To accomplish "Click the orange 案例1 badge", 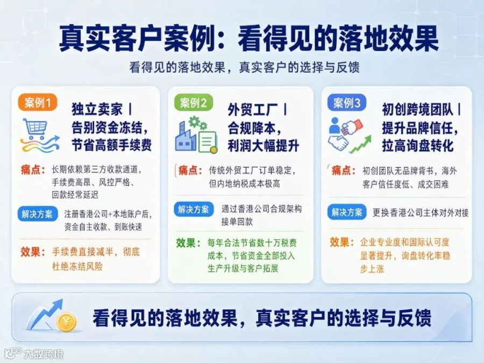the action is (x=38, y=103).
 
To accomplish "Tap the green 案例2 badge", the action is (x=194, y=103).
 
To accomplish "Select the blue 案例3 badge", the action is (x=347, y=103).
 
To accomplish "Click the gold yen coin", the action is (x=66, y=322).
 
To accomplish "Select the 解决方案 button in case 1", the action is (x=37, y=214).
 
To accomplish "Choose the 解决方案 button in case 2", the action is (x=194, y=210).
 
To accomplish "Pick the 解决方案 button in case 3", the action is (x=347, y=212).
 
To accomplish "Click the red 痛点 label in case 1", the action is (x=33, y=170).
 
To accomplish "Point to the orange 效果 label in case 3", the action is (x=341, y=243).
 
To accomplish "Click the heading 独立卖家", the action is (x=97, y=109).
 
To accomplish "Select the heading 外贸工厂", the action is (x=253, y=110).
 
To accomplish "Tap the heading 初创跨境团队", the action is (x=417, y=109).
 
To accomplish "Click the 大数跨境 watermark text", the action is (x=44, y=354).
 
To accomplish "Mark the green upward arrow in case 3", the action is (x=360, y=145).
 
